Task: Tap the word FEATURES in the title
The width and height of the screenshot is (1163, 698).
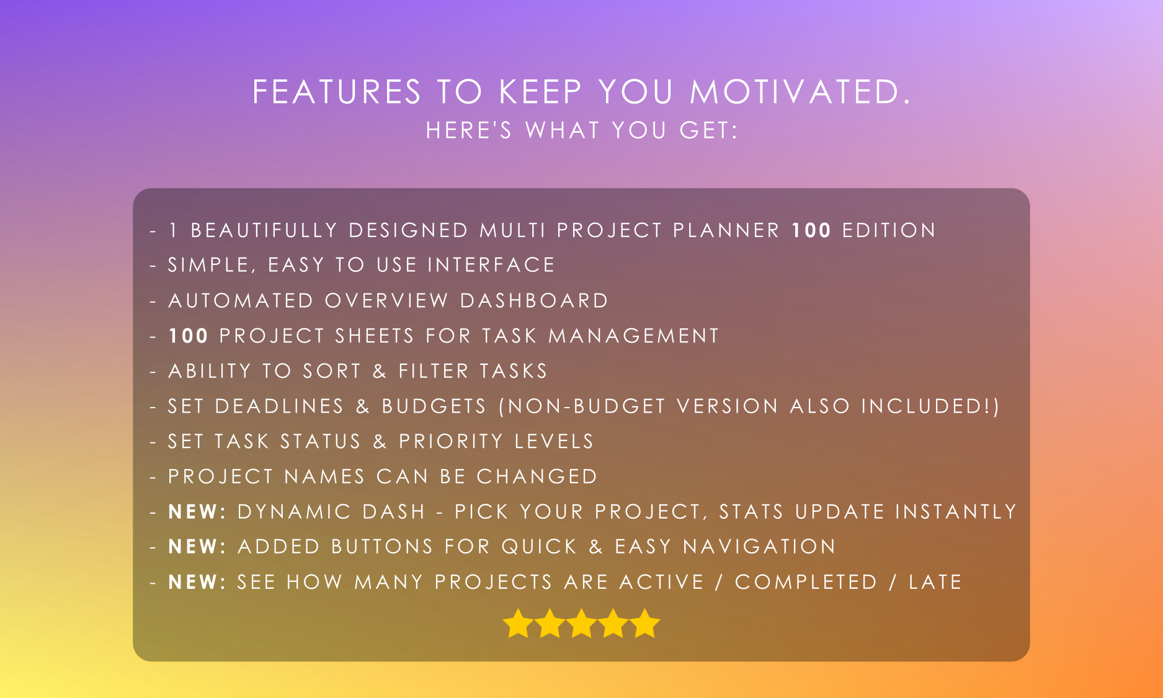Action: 337,92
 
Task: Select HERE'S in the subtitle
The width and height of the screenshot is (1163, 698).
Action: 469,130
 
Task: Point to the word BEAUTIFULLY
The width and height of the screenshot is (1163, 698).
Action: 264,230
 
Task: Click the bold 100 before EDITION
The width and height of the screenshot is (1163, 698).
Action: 811,230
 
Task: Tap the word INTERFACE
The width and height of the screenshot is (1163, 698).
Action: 491,265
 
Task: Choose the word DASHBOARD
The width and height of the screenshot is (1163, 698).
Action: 534,300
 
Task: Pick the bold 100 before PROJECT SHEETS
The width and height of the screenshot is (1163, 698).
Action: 188,336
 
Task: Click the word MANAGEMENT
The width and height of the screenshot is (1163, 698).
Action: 633,336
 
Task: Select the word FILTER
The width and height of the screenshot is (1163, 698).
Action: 434,371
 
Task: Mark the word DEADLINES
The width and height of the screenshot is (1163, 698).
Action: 278,406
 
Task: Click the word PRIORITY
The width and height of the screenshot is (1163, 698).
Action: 450,441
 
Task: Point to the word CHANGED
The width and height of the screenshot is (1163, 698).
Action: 537,477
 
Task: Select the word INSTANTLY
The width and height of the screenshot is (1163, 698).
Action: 956,512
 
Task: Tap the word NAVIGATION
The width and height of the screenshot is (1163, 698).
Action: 759,547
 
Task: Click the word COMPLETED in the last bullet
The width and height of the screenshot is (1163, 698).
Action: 806,582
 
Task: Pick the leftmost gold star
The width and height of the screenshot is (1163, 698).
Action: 518,623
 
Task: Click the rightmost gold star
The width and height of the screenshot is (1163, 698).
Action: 645,623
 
